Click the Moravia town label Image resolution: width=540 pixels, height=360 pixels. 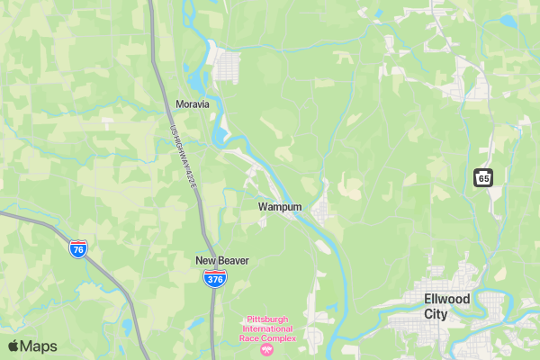pyautogui.click(x=193, y=103)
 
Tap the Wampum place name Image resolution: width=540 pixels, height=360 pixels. pyautogui.click(x=280, y=206)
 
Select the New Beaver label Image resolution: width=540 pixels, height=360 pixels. pyautogui.click(x=221, y=260)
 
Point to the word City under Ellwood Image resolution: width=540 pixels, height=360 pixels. pyautogui.click(x=436, y=314)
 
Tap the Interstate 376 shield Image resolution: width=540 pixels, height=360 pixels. pyautogui.click(x=214, y=279)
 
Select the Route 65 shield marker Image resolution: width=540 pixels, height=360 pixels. pyautogui.click(x=483, y=177)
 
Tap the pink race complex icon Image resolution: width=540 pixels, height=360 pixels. pyautogui.click(x=266, y=349)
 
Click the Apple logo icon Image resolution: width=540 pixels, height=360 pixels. pyautogui.click(x=13, y=346)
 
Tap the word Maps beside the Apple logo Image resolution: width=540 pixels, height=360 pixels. pyautogui.click(x=39, y=346)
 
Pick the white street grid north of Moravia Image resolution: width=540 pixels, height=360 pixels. pyautogui.click(x=227, y=63)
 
